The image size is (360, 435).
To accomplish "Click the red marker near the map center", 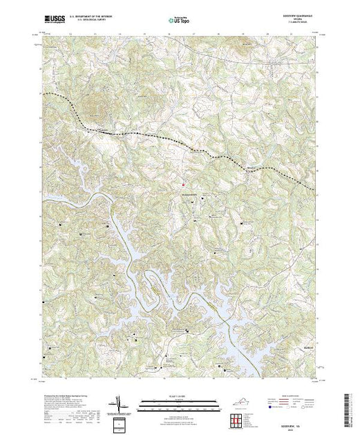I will click(183, 184).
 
